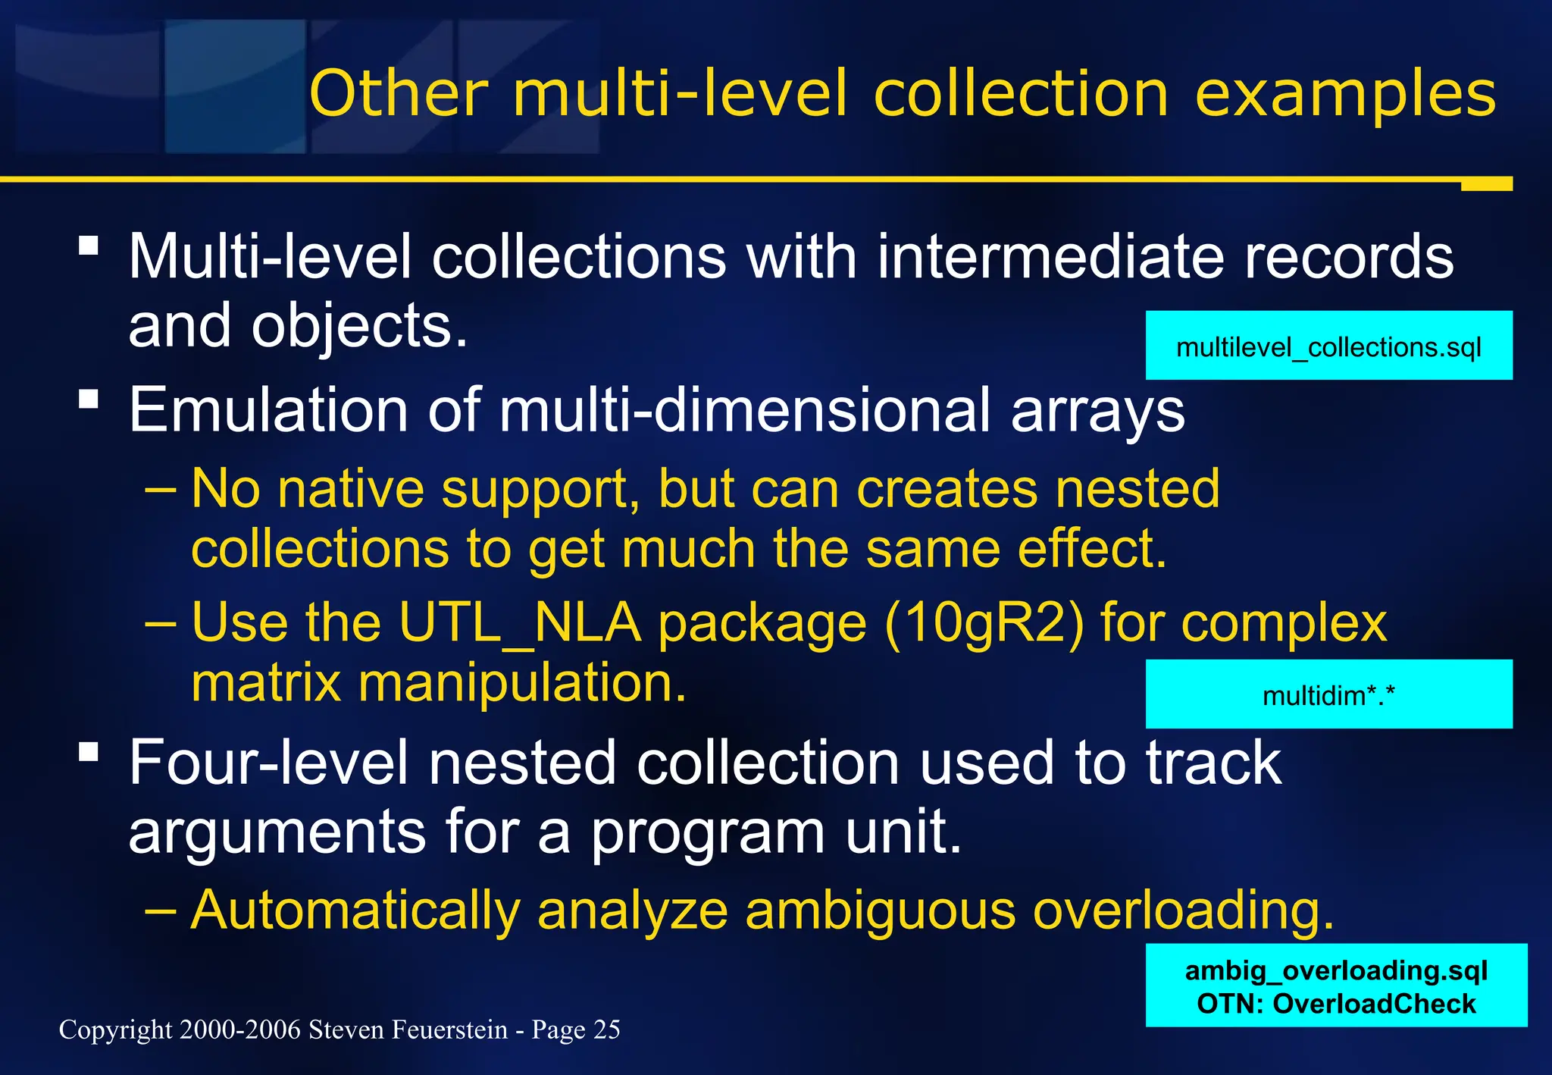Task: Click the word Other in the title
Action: pos(399,94)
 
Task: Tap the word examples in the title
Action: pos(1345,96)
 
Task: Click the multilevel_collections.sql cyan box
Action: pos(1328,346)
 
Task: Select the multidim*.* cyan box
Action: pos(1328,694)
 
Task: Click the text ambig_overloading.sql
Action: pos(1336,970)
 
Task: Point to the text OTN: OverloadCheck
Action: pos(1336,1004)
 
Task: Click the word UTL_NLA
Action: pos(520,623)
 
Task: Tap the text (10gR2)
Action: pos(984,623)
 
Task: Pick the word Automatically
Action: pos(355,909)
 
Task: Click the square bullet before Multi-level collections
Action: pos(89,245)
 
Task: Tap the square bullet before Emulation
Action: pos(89,399)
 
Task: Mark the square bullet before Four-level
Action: pos(89,751)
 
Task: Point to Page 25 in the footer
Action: pos(575,1030)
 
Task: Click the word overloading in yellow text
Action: pos(1182,909)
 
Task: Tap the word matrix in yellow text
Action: pos(266,683)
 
